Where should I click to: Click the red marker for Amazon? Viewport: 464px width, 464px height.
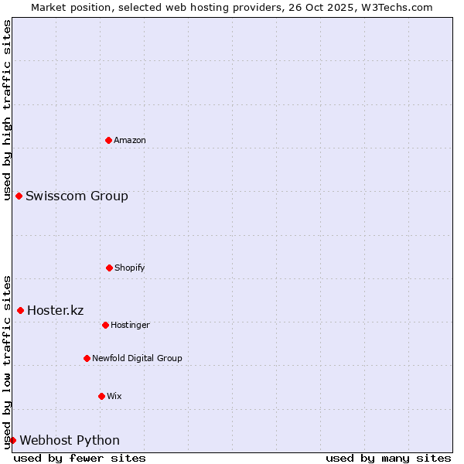coord(108,140)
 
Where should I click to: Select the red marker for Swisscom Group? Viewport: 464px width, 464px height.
coord(19,196)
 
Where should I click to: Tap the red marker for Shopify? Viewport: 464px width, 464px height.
coord(109,268)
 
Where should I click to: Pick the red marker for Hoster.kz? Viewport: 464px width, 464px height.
coord(20,310)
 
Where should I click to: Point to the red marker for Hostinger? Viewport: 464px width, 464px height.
coord(105,325)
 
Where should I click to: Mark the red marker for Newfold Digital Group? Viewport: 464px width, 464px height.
coord(87,358)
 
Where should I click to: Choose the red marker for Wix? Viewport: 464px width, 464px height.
coord(101,396)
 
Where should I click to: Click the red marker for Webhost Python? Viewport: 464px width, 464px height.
coord(12,440)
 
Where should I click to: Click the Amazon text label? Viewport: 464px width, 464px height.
coord(130,140)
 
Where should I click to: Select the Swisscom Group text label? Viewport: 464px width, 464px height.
coord(77,196)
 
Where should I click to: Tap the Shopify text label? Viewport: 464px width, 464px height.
coord(130,268)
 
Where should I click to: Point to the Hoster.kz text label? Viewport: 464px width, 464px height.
coord(55,310)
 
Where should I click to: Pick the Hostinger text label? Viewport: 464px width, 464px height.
coord(130,325)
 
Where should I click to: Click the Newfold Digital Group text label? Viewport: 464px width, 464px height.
coord(137,358)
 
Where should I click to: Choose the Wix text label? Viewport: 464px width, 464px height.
coord(114,396)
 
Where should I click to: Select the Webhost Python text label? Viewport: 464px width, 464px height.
coord(70,440)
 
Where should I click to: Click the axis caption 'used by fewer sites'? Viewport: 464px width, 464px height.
coord(80,458)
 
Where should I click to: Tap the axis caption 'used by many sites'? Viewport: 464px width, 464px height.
coord(388,458)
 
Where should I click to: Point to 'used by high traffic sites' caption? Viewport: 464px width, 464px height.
coord(7,110)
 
